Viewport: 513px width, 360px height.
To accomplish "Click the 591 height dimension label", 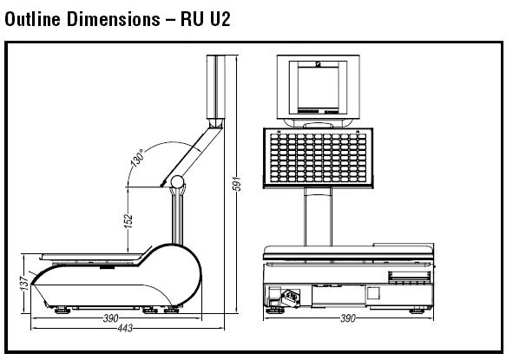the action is [237, 183].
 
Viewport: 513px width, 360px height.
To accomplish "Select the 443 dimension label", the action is [125, 328].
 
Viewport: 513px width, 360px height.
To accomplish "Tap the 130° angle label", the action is [137, 158].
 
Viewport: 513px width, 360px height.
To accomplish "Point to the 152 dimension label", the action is [128, 220].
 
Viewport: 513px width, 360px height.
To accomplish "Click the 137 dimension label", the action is [24, 283].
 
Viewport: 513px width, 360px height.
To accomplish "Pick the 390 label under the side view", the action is [110, 318].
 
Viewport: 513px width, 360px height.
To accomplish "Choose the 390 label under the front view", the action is [348, 318].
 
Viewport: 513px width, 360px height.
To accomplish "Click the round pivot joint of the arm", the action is [177, 182].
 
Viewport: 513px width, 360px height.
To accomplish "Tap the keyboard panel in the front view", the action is [318, 158].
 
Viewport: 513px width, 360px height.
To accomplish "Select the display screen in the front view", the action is [318, 87].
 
